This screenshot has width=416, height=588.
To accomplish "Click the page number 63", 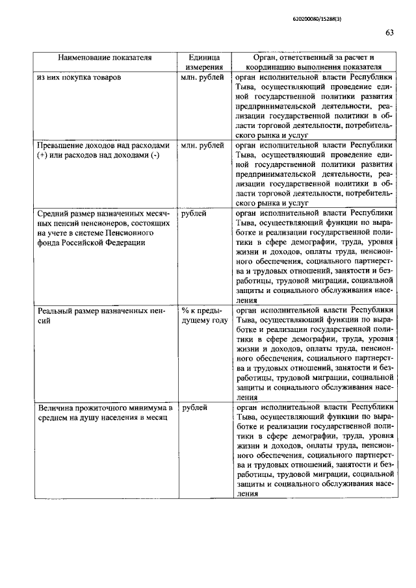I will pyautogui.click(x=389, y=33).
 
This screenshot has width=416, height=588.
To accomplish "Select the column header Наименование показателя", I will pyautogui.click(x=105, y=57).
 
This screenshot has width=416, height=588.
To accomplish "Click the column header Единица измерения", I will pyautogui.click(x=201, y=62).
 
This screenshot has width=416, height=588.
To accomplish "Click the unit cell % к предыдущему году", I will pyautogui.click(x=203, y=316).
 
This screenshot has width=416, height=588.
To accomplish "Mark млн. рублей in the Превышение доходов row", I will pyautogui.click(x=202, y=146).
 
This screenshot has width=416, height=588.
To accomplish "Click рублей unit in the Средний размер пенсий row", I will pyautogui.click(x=194, y=213).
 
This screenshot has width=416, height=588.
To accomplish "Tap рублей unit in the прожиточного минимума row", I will pyautogui.click(x=194, y=407).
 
